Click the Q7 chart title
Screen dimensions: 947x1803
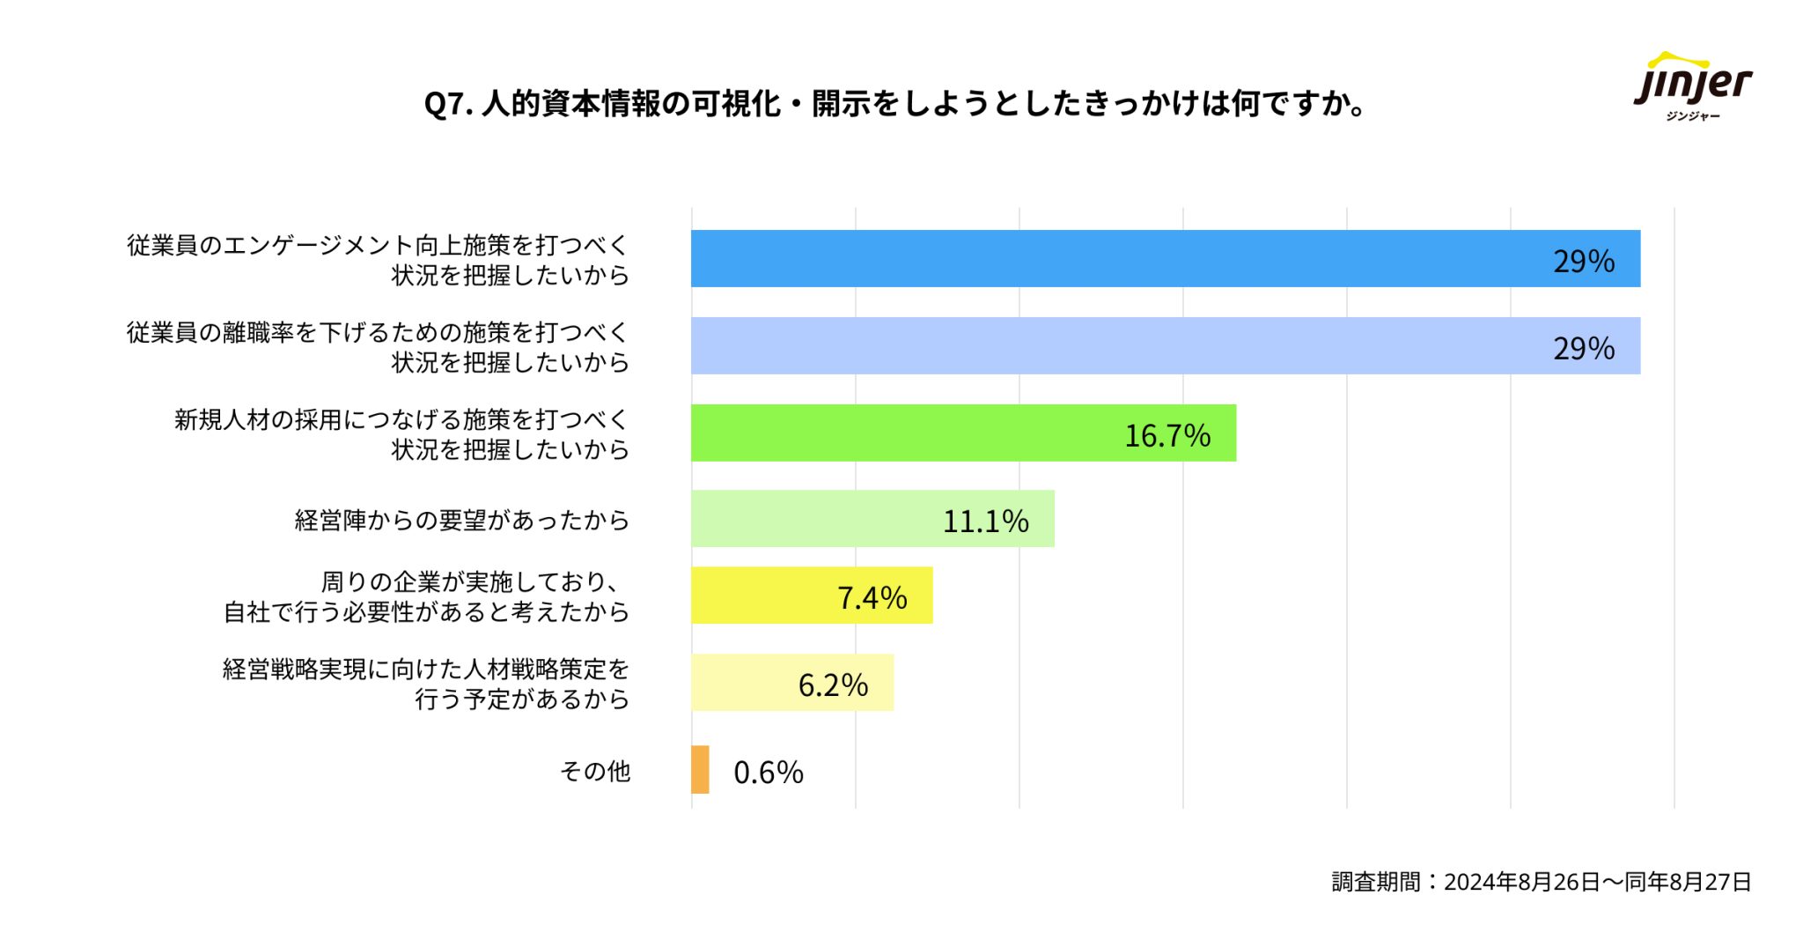(x=894, y=104)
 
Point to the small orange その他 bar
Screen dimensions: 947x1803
(x=700, y=770)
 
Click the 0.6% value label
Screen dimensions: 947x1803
(x=768, y=773)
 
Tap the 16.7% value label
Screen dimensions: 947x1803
(x=1167, y=435)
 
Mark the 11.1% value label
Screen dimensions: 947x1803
(x=985, y=521)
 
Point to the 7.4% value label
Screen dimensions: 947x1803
(x=872, y=597)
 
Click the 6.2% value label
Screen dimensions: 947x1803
(x=833, y=684)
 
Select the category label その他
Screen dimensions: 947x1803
(x=595, y=772)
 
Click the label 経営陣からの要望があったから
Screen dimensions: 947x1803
(x=461, y=520)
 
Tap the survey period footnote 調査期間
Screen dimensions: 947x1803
(x=1541, y=882)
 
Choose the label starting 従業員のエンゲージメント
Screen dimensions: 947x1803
(x=378, y=260)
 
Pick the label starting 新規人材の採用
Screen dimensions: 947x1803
(x=401, y=434)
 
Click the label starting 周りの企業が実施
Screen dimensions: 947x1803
(x=427, y=596)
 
